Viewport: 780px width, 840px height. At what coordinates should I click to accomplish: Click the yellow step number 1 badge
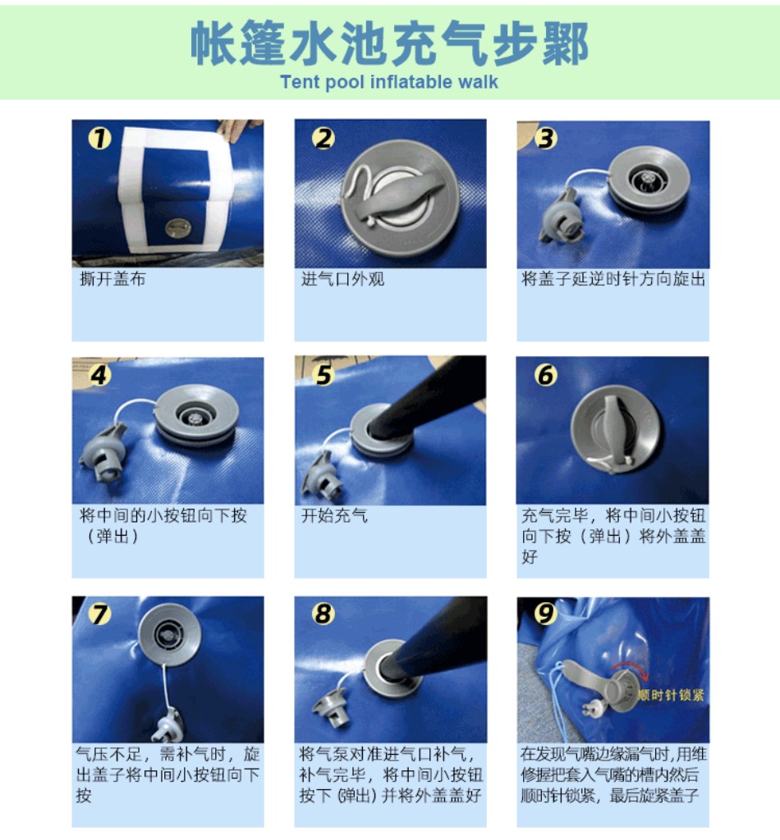(x=99, y=138)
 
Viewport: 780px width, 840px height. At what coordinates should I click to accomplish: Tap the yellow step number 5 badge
(x=323, y=375)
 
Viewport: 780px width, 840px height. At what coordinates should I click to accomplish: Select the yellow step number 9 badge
(x=544, y=614)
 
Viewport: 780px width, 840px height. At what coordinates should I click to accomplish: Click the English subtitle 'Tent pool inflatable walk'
(x=389, y=82)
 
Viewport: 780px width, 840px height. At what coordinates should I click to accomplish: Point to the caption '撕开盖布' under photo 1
(x=112, y=279)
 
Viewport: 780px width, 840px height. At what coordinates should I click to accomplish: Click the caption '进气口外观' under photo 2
(x=342, y=279)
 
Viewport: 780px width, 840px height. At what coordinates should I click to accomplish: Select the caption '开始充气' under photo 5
(x=334, y=515)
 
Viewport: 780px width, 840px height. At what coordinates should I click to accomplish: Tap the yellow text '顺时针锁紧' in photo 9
(x=671, y=695)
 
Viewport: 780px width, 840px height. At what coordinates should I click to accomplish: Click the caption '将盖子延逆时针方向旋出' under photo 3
(x=613, y=279)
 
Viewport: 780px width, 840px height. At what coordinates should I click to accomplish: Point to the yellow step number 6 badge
(x=546, y=375)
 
